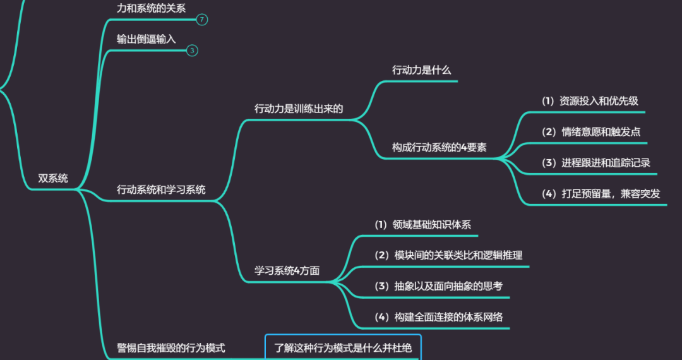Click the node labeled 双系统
pos(53,178)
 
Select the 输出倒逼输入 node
pos(146,39)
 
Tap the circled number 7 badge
pos(201,20)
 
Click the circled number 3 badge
pos(193,51)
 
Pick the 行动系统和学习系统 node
pos(161,189)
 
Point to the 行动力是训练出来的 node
pos(299,108)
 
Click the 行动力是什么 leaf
pos(421,70)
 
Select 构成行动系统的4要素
pos(439,147)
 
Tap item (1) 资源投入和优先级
pos(590,101)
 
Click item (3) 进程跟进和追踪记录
pos(596,162)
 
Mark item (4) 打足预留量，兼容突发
pos(601,193)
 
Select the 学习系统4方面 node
pos(287,270)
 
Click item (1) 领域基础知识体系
pos(422,224)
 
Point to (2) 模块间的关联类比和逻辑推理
pos(448,255)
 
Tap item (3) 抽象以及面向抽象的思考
pos(438,286)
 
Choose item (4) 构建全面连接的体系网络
pos(439,317)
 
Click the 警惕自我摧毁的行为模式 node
pos(171,347)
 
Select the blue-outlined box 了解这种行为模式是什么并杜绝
pos(342,347)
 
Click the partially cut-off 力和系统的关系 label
pos(151,8)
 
